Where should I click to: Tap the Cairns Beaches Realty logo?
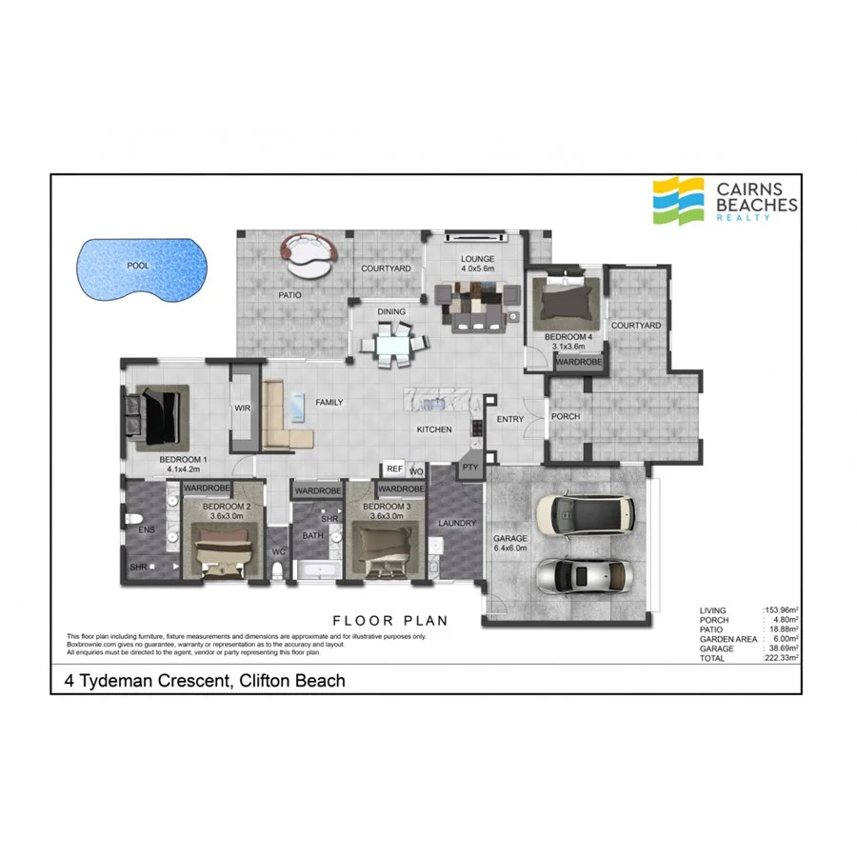coord(725,201)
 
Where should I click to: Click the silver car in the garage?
coord(582,574)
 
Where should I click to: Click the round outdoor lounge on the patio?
coord(309,255)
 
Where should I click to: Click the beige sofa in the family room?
coord(285,417)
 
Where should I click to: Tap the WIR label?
coord(242,409)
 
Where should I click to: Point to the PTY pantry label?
coord(469,468)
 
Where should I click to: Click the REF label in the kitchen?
coord(392,468)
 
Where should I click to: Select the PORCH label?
coord(566,416)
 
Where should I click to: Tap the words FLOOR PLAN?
coord(389,621)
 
